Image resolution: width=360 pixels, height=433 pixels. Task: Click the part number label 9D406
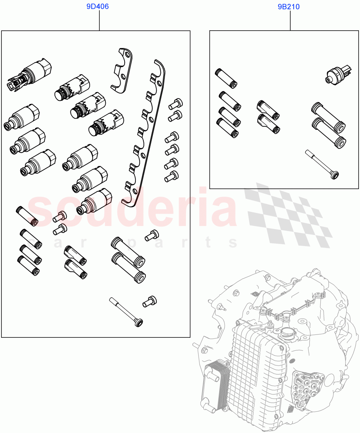tap(97, 6)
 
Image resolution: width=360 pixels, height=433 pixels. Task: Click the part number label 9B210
tap(289, 6)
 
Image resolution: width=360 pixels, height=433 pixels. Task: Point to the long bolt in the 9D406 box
tap(126, 311)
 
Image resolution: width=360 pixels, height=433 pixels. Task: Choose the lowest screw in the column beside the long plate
tap(171, 176)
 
